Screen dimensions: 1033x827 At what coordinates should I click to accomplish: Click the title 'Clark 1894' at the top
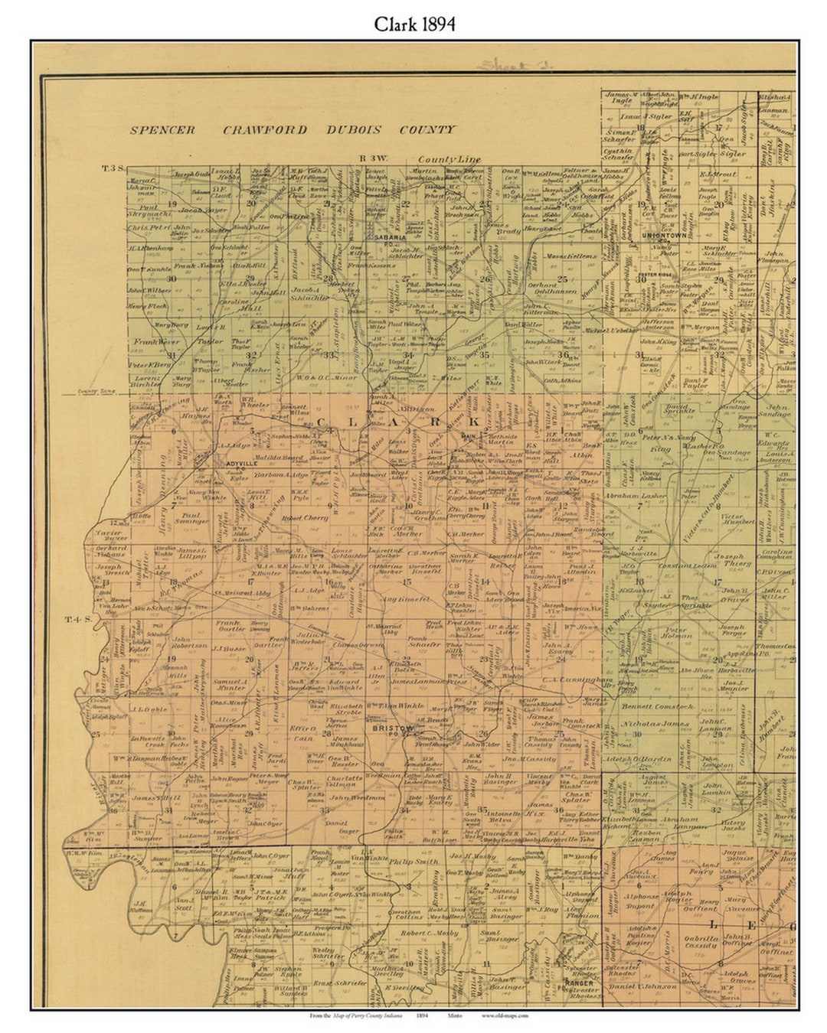414,24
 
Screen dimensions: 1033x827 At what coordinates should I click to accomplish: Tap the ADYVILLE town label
234,463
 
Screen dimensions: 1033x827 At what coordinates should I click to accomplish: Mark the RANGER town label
579,982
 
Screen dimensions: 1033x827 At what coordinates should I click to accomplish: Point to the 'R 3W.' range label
374,158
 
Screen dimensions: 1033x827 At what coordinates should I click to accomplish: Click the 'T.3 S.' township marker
113,168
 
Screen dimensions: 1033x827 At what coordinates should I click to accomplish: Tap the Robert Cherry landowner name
305,518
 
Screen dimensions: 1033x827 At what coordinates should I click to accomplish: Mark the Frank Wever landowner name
155,342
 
